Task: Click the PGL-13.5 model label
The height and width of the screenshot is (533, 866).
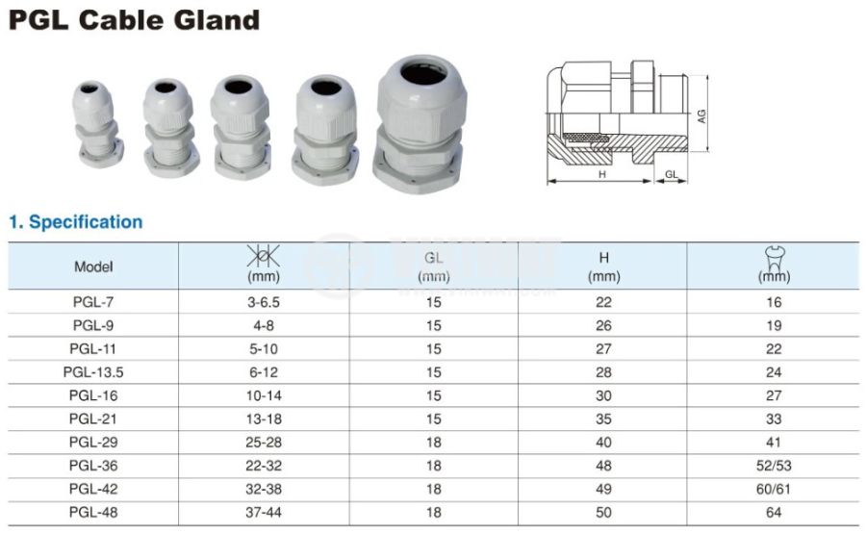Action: [x=93, y=372]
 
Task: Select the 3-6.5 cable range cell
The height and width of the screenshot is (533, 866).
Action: [x=264, y=302]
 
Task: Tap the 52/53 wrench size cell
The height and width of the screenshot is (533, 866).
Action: [x=774, y=466]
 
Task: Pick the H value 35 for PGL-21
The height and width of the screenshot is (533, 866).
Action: [x=603, y=419]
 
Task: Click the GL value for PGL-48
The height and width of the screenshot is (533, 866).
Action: [x=434, y=513]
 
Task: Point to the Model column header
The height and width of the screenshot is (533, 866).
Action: [x=94, y=266]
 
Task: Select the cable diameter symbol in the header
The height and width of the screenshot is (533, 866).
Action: [x=263, y=256]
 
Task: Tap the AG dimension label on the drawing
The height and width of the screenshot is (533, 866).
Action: [x=700, y=116]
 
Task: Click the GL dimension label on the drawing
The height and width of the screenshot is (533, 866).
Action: [x=671, y=174]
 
